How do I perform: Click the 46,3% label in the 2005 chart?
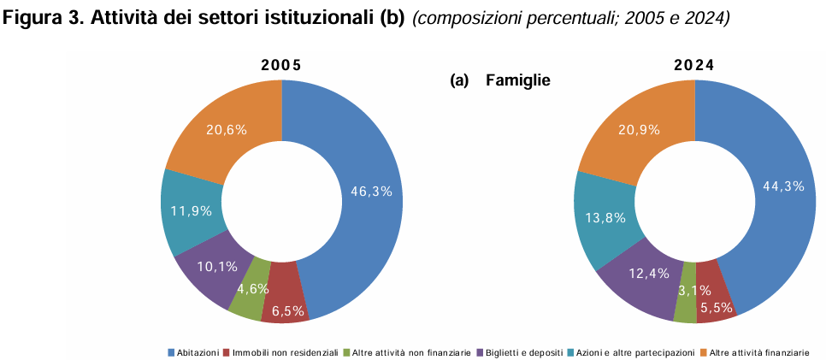pyautogui.click(x=371, y=192)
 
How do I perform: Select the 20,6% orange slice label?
pyautogui.click(x=227, y=130)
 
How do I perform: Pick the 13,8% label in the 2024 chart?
pyautogui.click(x=605, y=218)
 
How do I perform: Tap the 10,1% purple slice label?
pyautogui.click(x=217, y=266)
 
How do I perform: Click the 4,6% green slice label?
pyautogui.click(x=253, y=288)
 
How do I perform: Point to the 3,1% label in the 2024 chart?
pyautogui.click(x=683, y=291)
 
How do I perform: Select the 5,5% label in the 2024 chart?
pyautogui.click(x=716, y=307)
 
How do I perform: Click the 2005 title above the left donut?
pyautogui.click(x=281, y=65)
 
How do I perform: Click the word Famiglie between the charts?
pyautogui.click(x=516, y=80)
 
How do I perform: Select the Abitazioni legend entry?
pyautogui.click(x=197, y=351)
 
